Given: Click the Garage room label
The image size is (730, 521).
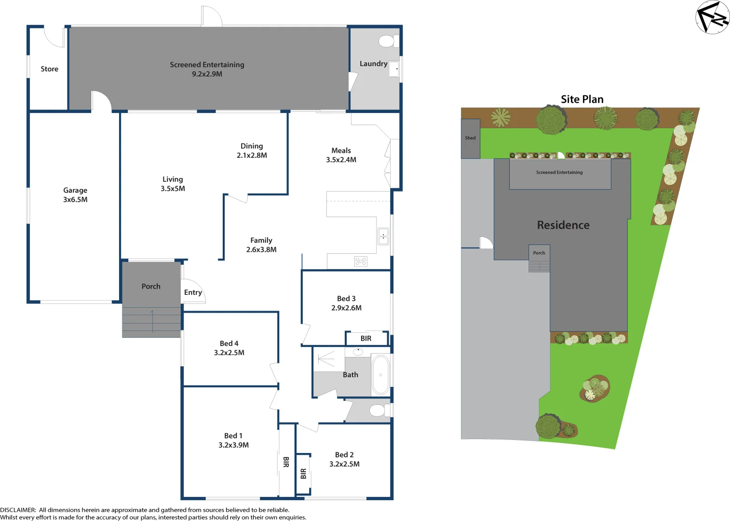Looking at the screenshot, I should pos(75,190).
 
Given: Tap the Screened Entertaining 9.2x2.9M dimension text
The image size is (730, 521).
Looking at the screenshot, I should pos(207,74).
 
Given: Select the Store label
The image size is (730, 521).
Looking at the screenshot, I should pos(49,69).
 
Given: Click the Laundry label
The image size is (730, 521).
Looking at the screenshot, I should pos(373,64).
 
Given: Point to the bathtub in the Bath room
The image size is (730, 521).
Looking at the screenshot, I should pos(380,375).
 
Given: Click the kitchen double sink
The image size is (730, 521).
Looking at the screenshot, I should pos(383,236).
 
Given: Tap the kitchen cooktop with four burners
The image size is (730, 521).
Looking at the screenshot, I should pos(361,261).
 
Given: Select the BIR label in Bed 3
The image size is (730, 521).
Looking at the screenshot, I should pos(366,339).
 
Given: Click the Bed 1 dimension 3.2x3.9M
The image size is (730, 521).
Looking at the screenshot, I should pos(233,445).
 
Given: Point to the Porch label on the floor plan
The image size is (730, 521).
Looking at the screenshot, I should pos(151,287).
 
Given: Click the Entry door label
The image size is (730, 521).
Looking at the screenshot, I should pos(193,292).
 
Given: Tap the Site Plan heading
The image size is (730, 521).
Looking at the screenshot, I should pos(582,99).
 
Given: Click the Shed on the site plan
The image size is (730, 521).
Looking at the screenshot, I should pos(470,138).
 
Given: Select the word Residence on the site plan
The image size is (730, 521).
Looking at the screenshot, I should pos(563,225).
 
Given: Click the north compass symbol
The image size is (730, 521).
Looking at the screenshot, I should pos(712,17).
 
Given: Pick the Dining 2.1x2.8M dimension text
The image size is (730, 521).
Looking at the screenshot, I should pos(252,155).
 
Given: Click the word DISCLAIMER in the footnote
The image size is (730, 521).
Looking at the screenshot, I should pos(18,510).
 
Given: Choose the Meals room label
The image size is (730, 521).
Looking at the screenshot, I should pos(341,151).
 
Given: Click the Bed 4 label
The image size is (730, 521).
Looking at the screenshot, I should pos(229,343).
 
